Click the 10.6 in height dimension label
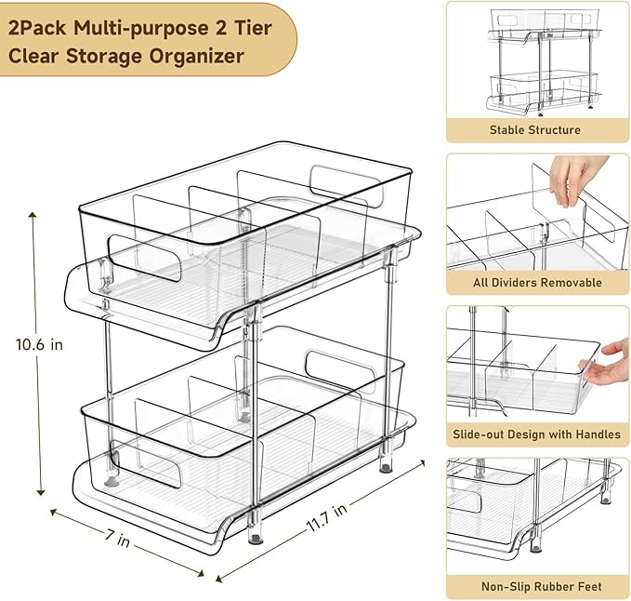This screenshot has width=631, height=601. [39, 344]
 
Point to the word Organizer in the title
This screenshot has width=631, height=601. [200, 56]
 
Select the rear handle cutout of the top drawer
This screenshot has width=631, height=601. [340, 180]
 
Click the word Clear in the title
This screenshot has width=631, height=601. [33, 56]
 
